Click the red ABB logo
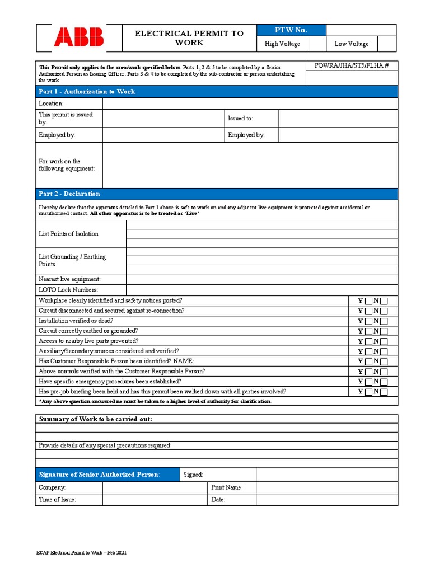click(79, 37)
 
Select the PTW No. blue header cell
click(291, 30)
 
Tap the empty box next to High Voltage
click(317, 44)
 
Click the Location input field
click(250, 104)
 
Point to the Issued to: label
click(240, 119)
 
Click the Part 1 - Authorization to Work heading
click(87, 92)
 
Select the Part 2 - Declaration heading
click(69, 194)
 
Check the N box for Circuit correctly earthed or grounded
click(384, 331)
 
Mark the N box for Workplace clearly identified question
click(384, 301)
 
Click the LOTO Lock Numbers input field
click(261, 290)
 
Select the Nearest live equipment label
click(69, 279)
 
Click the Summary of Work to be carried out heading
click(95, 420)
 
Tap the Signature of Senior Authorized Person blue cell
click(100, 475)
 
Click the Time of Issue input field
click(155, 500)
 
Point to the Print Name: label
click(227, 487)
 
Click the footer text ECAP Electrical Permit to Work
click(81, 553)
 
